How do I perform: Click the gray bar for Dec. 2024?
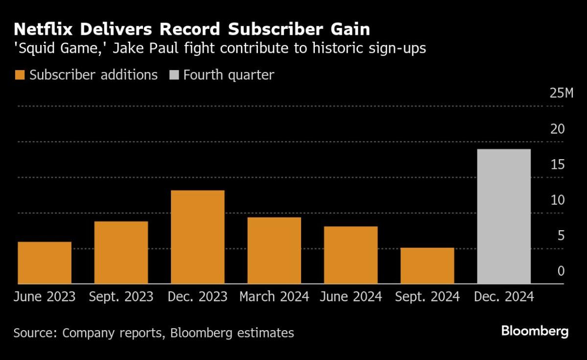503,216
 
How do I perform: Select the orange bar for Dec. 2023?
197,237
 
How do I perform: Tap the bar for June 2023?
45,263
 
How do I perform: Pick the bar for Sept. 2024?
427,266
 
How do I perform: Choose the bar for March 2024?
274,251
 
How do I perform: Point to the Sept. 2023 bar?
121,253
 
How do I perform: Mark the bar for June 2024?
351,255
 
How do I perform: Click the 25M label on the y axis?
561,94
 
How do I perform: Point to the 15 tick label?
558,165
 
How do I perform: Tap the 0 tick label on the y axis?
562,271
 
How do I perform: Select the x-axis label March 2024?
274,297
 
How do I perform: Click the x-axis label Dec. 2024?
503,297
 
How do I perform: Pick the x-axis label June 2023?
45,297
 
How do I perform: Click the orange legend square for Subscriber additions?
20,75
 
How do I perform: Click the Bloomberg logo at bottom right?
535,332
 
